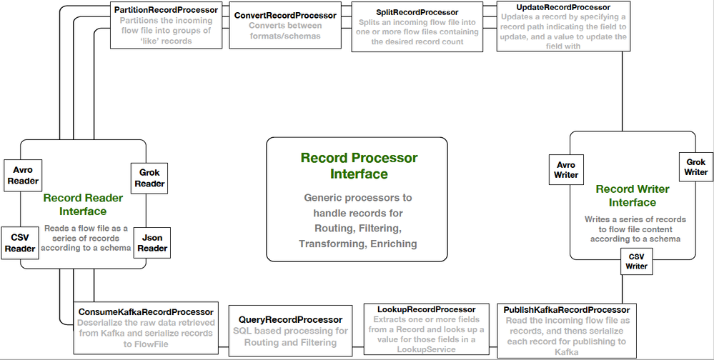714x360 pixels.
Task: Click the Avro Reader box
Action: click(23, 175)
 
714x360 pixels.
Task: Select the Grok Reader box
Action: click(150, 178)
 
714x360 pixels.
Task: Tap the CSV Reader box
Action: click(21, 243)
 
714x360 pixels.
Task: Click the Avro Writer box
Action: click(567, 170)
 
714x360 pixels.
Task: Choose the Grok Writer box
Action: click(696, 166)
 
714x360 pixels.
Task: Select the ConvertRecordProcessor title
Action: click(285, 15)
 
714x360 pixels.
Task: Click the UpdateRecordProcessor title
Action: click(562, 6)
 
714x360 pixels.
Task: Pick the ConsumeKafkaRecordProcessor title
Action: click(145, 312)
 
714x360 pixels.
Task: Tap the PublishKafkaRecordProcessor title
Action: click(566, 309)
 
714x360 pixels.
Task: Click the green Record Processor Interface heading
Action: click(359, 166)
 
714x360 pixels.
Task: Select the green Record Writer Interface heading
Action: click(633, 196)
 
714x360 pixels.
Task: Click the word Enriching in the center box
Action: click(392, 244)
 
